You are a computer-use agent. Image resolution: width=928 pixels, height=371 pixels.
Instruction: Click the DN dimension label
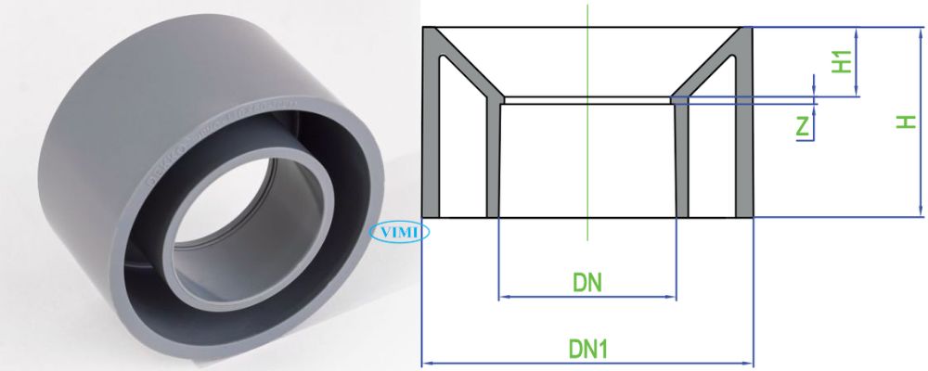pyautogui.click(x=586, y=282)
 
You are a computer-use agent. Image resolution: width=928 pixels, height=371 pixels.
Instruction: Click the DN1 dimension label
pyautogui.click(x=586, y=350)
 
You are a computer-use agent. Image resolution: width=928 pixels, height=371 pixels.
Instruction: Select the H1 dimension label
pyautogui.click(x=842, y=61)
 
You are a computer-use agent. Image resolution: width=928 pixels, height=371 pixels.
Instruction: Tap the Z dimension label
pyautogui.click(x=804, y=125)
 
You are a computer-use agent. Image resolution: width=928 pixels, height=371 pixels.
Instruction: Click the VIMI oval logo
pyautogui.click(x=396, y=232)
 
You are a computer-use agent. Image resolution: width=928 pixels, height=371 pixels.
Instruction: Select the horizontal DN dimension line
pyautogui.click(x=586, y=298)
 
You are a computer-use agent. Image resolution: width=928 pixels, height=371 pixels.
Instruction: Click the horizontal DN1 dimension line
pyautogui.click(x=586, y=364)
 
